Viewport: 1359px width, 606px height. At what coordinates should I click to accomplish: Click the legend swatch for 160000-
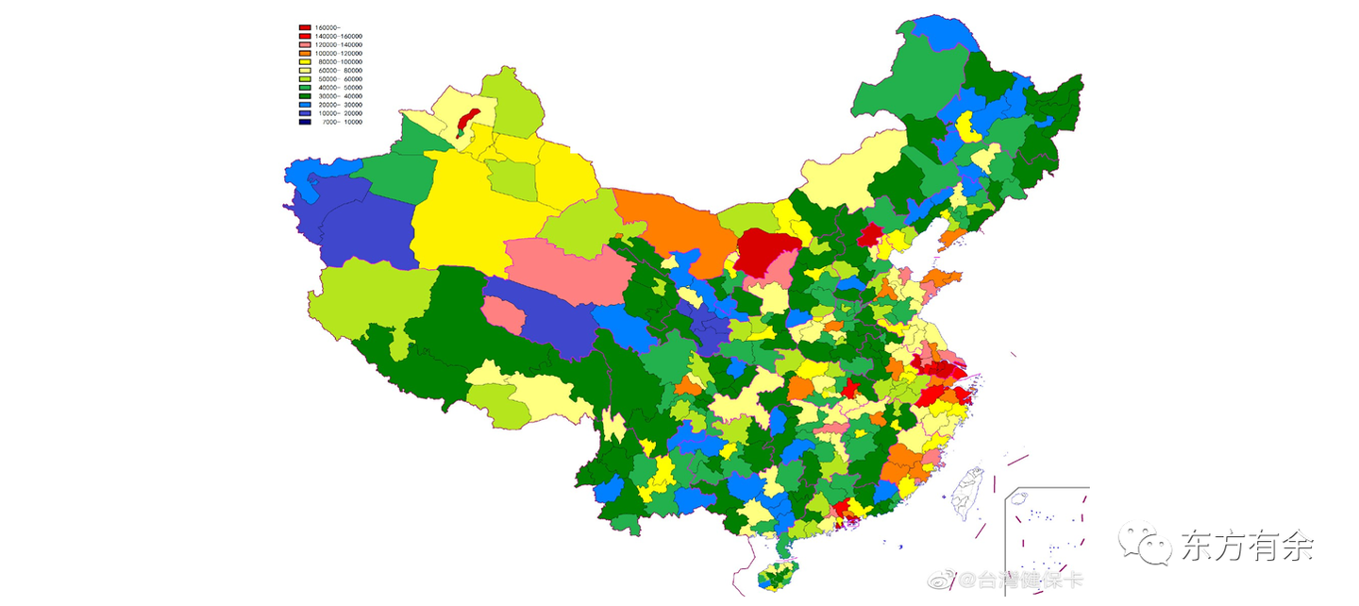(305, 27)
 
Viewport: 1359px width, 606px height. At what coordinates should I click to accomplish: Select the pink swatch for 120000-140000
(305, 44)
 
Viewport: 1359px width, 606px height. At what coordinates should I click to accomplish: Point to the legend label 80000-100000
(339, 62)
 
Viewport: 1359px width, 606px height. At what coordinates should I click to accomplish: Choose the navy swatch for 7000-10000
(305, 122)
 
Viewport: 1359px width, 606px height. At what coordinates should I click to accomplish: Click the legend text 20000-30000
(339, 105)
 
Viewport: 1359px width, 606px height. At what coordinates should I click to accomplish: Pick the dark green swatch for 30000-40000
(305, 96)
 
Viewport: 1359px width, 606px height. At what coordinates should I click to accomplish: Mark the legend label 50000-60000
(339, 79)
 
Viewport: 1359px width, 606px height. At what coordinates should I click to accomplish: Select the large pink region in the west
(568, 270)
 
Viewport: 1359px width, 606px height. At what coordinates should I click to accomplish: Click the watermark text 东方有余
(1246, 546)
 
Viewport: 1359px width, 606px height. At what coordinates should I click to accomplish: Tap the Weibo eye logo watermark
(945, 579)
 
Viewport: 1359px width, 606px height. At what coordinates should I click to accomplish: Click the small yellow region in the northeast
(966, 126)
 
